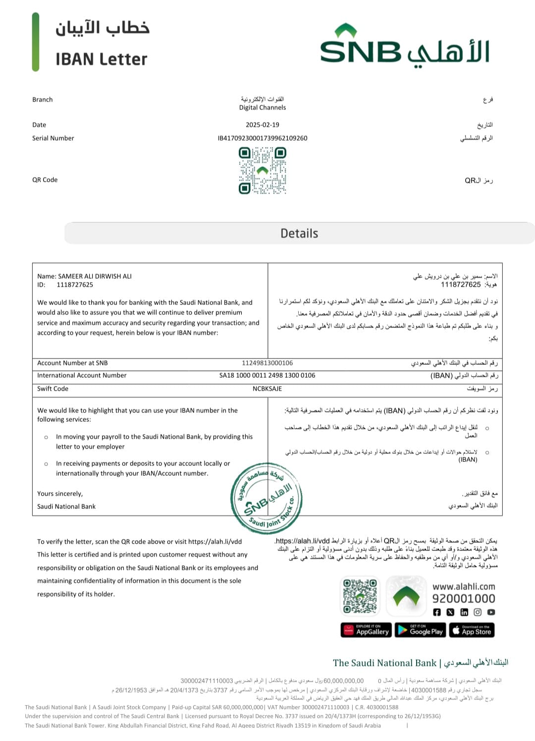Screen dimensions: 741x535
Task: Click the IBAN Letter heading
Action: coord(102,59)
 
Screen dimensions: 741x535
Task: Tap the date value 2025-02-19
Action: coord(263,125)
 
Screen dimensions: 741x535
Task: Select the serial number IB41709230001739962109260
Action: coord(263,138)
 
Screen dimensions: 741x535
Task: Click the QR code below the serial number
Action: coord(263,171)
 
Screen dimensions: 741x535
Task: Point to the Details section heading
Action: coord(299,233)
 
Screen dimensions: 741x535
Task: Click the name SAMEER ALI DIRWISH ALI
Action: coord(95,276)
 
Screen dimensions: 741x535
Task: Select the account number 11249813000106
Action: coord(267,363)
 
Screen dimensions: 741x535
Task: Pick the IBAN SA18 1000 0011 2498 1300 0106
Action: coord(267,375)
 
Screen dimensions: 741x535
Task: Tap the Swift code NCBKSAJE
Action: coord(267,389)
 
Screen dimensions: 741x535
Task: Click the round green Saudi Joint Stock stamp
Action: coord(267,498)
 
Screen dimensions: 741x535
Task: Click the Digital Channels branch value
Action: coord(263,107)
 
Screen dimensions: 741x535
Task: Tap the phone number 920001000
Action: coord(464,598)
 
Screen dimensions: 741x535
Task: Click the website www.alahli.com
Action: coord(464,587)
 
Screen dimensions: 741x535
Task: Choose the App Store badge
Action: coord(472,630)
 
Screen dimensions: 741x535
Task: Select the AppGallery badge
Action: coord(366,630)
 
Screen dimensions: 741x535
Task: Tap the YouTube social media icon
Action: coord(491,612)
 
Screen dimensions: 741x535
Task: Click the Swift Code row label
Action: coord(53,389)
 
